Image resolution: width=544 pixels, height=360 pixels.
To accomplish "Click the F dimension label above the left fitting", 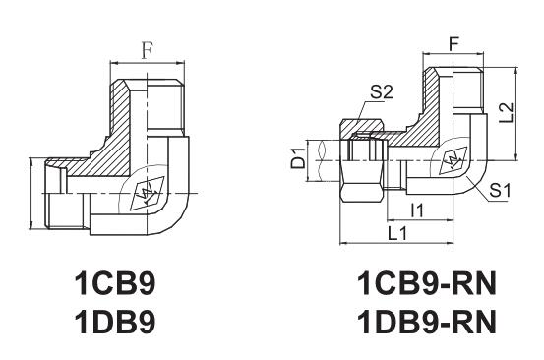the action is [148, 50].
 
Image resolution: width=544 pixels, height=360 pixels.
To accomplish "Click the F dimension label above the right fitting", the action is [453, 43].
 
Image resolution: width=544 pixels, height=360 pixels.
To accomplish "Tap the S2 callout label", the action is [382, 92].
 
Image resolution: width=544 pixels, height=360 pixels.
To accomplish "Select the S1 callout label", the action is [500, 190].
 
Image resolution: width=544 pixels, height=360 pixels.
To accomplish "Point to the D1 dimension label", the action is [298, 157].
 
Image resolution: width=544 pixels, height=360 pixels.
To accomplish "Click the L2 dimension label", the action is [507, 112].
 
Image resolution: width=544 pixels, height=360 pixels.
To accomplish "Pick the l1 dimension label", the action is [416, 210].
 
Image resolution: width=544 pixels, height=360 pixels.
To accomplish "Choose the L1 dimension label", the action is [398, 233].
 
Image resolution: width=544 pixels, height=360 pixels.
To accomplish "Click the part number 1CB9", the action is [115, 283].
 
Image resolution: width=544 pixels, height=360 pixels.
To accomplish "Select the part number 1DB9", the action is [115, 321].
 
